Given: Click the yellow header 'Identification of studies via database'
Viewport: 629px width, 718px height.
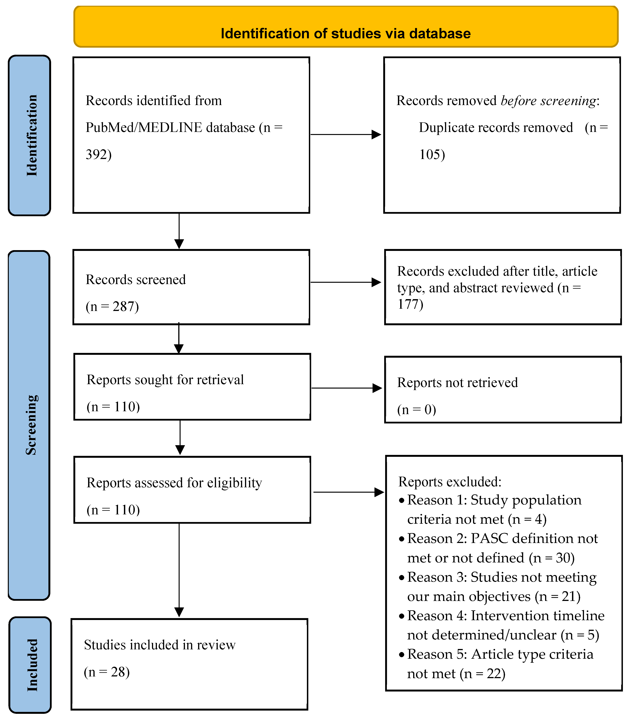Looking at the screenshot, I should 345,33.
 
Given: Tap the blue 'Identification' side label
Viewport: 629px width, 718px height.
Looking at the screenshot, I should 32,135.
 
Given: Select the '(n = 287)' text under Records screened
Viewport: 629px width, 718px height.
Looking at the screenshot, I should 112,306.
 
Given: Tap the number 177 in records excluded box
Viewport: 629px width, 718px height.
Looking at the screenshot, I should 409,304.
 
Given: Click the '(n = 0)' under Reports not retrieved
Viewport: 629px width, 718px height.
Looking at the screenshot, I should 417,410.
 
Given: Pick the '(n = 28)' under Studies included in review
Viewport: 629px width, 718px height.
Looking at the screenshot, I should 107,672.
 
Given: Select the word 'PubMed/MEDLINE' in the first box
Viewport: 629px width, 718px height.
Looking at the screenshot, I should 144,127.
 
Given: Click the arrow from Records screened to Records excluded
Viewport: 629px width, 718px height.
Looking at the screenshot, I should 345,282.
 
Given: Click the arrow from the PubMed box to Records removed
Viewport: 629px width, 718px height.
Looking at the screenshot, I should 345,134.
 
